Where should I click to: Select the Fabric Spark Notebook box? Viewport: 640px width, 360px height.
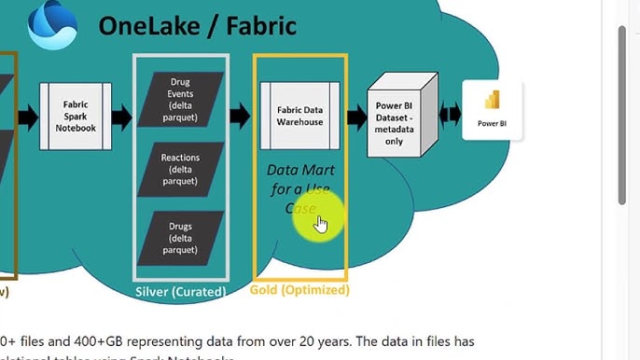75,116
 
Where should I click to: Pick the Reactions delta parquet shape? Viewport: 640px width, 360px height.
181,170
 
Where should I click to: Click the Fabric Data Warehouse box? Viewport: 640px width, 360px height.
299,116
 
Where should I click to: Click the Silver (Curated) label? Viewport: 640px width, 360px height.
180,292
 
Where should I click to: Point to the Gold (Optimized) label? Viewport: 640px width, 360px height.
299,290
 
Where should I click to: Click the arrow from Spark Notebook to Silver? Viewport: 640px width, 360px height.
121,117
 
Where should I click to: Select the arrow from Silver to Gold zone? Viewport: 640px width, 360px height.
240,117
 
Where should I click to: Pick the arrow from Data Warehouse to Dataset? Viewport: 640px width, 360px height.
355,117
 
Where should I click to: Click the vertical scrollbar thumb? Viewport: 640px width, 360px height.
622,112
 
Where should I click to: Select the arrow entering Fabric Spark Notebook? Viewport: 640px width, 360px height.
28,117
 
